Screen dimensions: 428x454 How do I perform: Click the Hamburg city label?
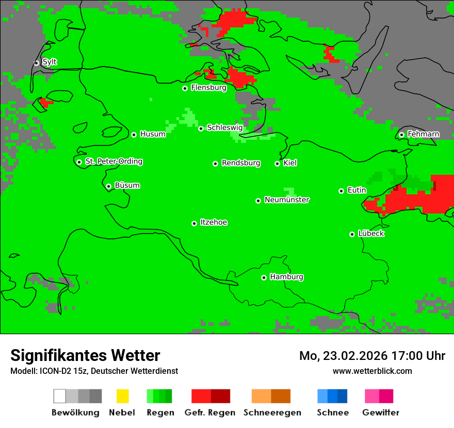click(286, 277)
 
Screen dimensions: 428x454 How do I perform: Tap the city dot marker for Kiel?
click(278, 163)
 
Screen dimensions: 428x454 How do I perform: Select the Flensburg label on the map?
click(208, 88)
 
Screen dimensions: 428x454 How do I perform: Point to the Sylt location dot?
click(37, 63)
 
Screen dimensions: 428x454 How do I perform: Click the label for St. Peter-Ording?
click(113, 161)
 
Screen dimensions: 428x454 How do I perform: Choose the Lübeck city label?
click(371, 234)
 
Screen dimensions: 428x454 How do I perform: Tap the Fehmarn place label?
click(423, 134)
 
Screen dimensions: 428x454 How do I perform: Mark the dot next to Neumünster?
click(258, 201)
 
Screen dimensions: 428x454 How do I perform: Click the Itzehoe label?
click(214, 222)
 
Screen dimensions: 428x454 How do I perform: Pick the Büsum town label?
click(127, 185)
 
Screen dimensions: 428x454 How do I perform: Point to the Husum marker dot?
click(134, 135)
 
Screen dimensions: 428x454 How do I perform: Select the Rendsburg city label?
click(241, 163)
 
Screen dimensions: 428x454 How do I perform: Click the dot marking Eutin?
click(342, 191)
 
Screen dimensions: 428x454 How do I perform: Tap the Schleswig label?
click(224, 127)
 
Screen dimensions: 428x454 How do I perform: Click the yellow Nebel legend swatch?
click(122, 396)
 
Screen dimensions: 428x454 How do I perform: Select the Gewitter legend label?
click(381, 413)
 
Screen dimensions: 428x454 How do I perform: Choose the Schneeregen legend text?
click(272, 413)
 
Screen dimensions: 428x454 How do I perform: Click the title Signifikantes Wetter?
click(85, 356)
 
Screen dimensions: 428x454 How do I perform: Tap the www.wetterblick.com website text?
click(372, 371)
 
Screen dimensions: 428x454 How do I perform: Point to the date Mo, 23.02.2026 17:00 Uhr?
click(372, 356)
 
